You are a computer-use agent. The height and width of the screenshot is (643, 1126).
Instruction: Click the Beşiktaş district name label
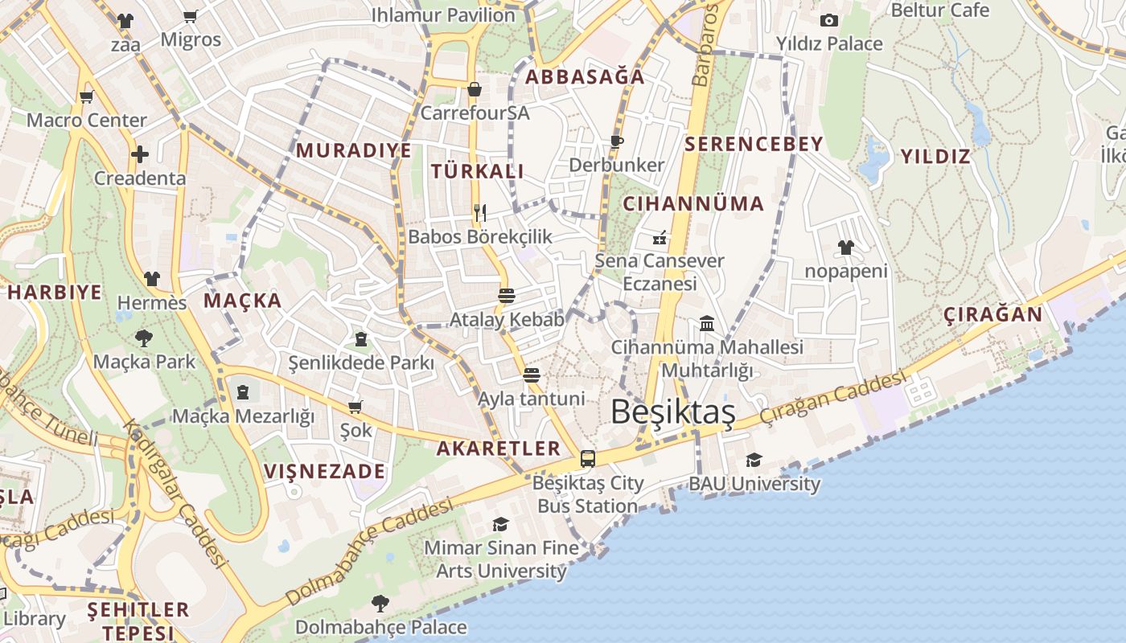coord(672,412)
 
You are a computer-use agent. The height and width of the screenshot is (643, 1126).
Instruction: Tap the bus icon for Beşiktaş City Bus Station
coord(588,459)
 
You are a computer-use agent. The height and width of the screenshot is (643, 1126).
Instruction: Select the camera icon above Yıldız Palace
coord(828,20)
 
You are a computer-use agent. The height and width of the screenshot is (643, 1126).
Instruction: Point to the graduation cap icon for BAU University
coord(754,460)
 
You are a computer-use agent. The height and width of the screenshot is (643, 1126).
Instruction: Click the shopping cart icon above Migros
coord(191,16)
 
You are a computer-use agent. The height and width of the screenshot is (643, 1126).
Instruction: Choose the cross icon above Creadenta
coord(140,154)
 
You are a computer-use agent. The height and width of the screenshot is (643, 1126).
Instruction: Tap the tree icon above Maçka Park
coord(144,338)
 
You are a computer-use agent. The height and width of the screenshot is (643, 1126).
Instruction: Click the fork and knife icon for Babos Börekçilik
coord(480,212)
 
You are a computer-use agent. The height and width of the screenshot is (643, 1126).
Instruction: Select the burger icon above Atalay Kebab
coord(507,295)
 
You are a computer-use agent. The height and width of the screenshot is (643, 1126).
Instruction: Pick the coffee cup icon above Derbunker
coord(617,141)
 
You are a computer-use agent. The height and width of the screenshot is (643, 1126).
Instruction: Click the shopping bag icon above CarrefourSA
coord(475,89)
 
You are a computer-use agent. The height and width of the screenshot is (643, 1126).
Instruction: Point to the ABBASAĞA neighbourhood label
coord(585,77)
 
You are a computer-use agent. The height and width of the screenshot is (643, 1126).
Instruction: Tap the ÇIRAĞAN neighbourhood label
coord(992,314)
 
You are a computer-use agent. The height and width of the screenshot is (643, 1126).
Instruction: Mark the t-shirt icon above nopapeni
coord(845,247)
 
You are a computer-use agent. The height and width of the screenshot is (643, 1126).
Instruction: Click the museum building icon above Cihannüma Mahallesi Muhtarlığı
coord(707,323)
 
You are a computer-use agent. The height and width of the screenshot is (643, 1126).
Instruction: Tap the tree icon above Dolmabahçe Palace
coord(380,603)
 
